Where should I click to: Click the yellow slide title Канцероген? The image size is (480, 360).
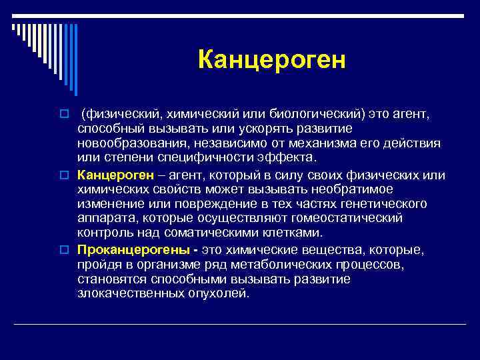(272, 60)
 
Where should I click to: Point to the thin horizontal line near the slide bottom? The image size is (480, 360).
(240, 324)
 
